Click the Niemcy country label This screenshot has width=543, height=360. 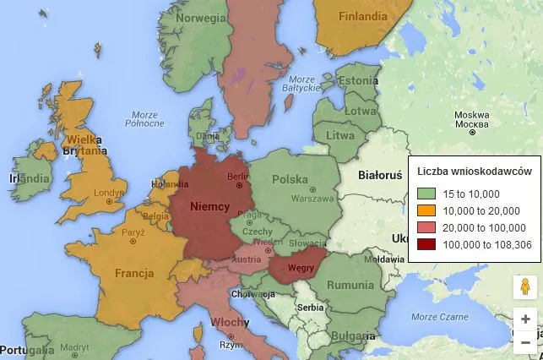point(211,205)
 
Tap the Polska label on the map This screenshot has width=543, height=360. point(289,179)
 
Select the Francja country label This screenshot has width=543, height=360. point(135,273)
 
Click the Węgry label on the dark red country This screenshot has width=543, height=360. point(301,269)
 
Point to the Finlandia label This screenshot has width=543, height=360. point(362,16)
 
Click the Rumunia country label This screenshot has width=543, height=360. point(350,285)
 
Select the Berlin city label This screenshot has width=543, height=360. point(239,177)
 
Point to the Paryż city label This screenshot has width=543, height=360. point(132,232)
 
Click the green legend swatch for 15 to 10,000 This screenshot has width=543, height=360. point(426,193)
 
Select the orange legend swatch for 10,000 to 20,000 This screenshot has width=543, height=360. point(426,210)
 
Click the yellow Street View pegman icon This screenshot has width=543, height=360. point(525,287)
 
